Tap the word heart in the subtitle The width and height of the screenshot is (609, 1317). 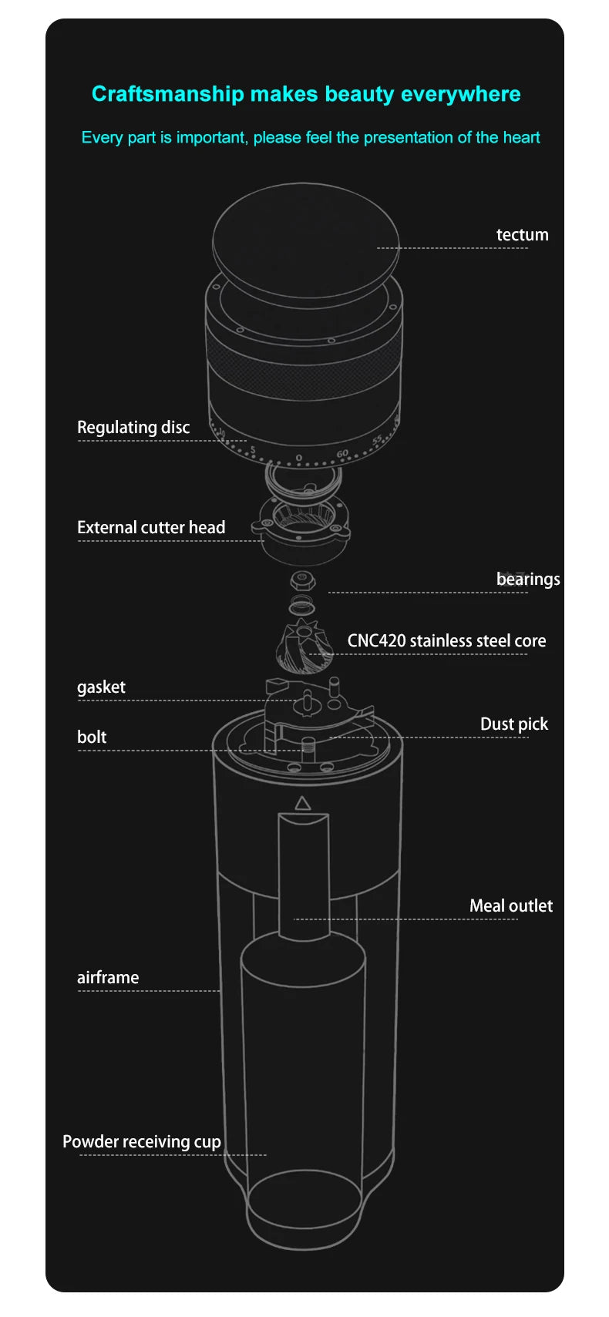click(x=521, y=137)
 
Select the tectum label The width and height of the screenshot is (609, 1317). click(x=522, y=234)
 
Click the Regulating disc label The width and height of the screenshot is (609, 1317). click(x=133, y=427)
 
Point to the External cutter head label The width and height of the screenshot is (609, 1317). click(x=151, y=527)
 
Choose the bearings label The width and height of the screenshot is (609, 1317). click(x=527, y=579)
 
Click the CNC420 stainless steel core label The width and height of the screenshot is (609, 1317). click(x=446, y=640)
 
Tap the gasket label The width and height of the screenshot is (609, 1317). click(x=101, y=687)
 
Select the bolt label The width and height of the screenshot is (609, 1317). click(x=92, y=737)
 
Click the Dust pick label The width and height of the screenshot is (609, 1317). click(x=513, y=724)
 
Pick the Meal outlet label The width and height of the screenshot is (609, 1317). click(x=510, y=905)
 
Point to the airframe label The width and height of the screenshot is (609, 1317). click(x=108, y=977)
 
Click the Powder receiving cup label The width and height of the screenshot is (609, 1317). click(x=142, y=1141)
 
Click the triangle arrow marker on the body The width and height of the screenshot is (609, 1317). click(x=302, y=803)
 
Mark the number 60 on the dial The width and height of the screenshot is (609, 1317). click(x=342, y=454)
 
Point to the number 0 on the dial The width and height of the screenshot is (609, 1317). click(x=299, y=459)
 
